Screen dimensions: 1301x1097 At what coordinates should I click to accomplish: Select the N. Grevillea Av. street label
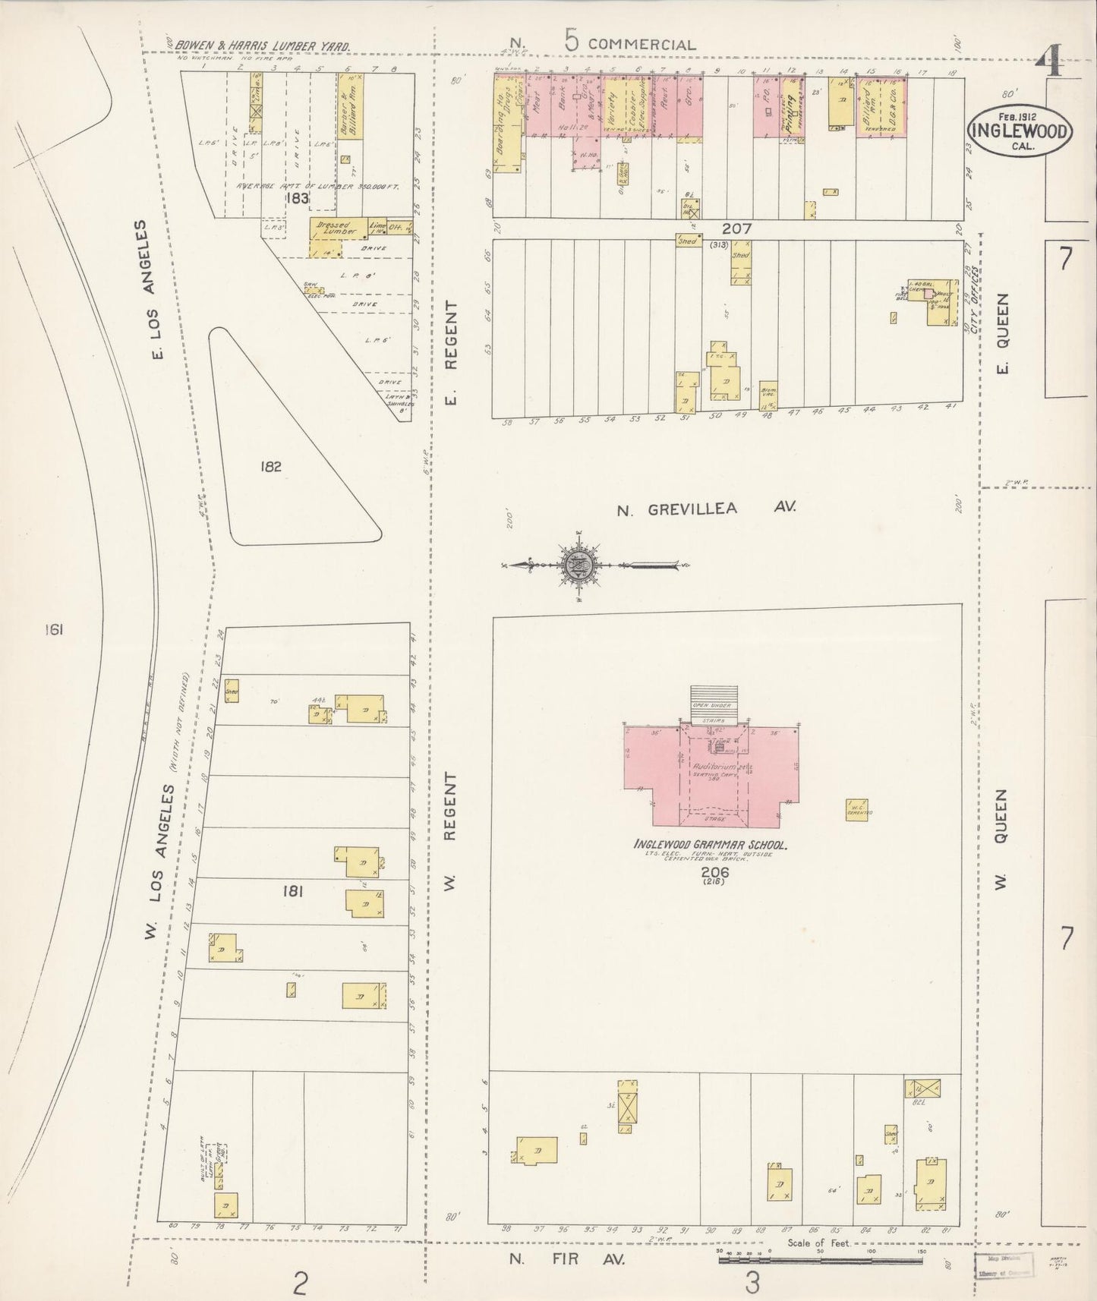(x=705, y=509)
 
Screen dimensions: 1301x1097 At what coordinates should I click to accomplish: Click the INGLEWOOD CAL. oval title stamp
(x=1018, y=132)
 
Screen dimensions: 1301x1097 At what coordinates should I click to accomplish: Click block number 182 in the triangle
(x=270, y=467)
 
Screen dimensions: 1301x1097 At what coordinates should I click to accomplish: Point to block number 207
(x=736, y=228)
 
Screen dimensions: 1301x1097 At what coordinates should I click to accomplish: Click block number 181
(x=292, y=892)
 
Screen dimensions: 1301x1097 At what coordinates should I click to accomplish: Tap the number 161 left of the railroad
(x=53, y=629)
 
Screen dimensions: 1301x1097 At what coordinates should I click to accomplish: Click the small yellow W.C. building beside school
(x=857, y=809)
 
